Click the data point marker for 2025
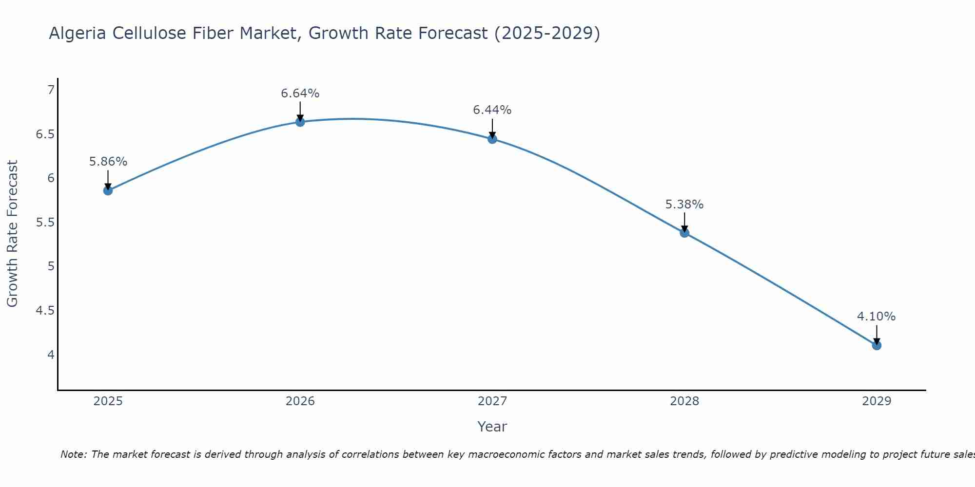coord(108,190)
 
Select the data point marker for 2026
coord(300,122)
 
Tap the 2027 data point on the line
coord(492,139)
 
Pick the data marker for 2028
coord(684,233)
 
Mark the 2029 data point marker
coord(877,345)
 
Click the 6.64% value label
coord(300,93)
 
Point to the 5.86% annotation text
coord(108,161)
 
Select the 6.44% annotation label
coord(492,110)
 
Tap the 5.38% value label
coord(684,204)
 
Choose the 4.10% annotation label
coord(877,316)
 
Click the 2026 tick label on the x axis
coord(300,401)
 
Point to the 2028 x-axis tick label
coord(684,401)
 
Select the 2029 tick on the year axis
coord(877,401)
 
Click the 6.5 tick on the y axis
coord(45,134)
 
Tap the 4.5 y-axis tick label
coord(45,310)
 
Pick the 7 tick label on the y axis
coord(51,90)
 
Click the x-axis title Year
coord(492,427)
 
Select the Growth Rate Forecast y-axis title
coord(12,234)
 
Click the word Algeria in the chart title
coord(78,33)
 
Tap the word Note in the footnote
coord(73,454)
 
